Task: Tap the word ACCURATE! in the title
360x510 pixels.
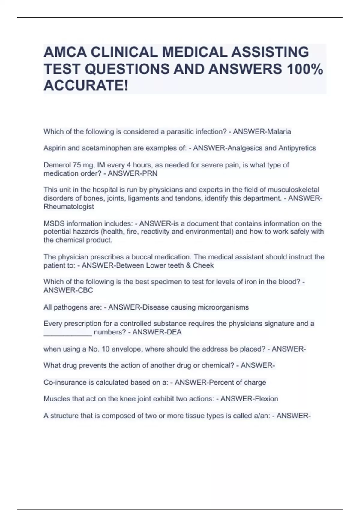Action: click(x=86, y=86)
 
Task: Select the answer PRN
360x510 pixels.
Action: click(x=151, y=173)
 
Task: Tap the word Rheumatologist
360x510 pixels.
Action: click(x=69, y=207)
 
